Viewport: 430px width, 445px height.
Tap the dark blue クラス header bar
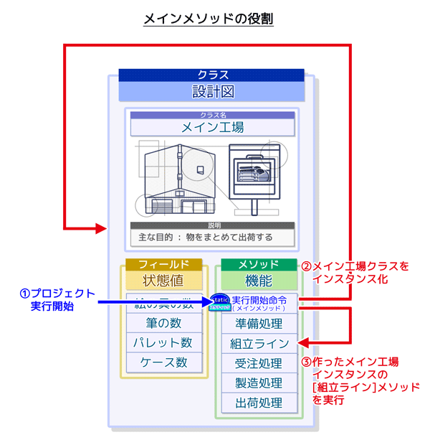(211, 74)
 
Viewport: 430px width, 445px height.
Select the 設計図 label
(211, 91)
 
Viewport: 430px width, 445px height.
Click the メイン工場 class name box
(211, 128)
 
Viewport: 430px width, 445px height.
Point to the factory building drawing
(178, 179)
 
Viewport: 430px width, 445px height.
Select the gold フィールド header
(163, 264)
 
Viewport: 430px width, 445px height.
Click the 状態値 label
(163, 280)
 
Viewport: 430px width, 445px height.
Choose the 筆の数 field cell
(163, 323)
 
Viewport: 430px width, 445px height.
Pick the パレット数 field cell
(163, 342)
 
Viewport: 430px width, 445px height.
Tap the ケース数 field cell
(163, 362)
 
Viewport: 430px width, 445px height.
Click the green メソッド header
(259, 264)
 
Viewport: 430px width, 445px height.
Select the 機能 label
(259, 280)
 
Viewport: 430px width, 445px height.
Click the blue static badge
(219, 303)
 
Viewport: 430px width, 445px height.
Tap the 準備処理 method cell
(259, 323)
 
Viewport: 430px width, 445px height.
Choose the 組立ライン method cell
(259, 343)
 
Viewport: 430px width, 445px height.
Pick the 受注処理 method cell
(259, 363)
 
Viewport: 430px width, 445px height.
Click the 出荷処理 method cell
(259, 403)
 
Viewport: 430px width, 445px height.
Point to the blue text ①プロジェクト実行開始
(57, 299)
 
